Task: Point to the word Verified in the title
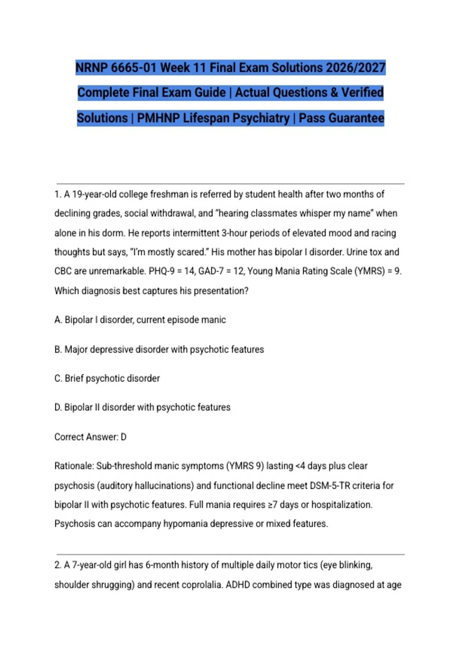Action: tap(362, 92)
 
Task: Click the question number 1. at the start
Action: tap(58, 194)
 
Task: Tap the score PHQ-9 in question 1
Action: tap(162, 271)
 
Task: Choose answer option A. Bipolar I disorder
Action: tap(140, 320)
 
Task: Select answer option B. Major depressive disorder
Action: tap(159, 349)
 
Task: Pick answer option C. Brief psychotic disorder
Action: tap(107, 378)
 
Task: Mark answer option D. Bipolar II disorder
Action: tap(143, 407)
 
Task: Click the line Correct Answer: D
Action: tap(90, 437)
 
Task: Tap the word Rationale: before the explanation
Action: tap(74, 466)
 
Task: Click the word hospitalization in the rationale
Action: tap(342, 504)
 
